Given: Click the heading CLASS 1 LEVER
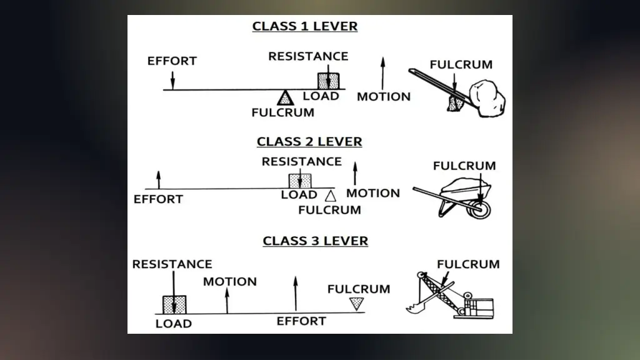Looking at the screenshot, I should [x=305, y=26].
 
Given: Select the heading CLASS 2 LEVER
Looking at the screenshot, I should [x=309, y=142].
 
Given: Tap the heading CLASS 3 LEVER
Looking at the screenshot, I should [x=315, y=241].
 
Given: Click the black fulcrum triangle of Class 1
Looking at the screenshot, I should [x=285, y=97].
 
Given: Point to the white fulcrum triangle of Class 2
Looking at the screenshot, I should [x=331, y=196].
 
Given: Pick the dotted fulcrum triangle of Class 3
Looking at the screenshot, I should [x=356, y=304].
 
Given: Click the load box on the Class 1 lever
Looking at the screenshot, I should [x=329, y=81].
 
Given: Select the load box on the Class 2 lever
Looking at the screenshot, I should [x=300, y=181].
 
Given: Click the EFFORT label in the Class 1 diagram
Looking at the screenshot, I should [x=172, y=61].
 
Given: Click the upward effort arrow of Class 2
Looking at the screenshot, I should [x=159, y=179].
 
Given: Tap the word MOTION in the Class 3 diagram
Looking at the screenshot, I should [x=229, y=281].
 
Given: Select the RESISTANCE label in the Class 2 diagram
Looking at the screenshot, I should [x=301, y=161].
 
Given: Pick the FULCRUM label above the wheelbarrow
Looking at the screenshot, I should [x=464, y=166].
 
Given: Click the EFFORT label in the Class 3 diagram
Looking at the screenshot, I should [x=301, y=321].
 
